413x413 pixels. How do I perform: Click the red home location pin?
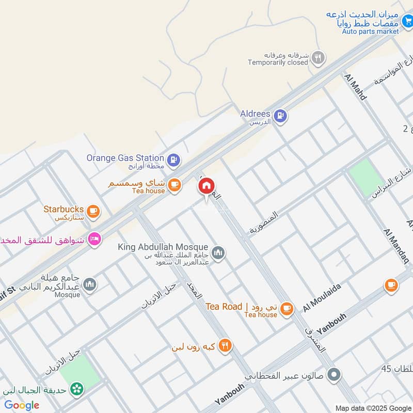pyautogui.click(x=206, y=186)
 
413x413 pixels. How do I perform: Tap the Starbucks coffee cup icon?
pyautogui.click(x=93, y=211)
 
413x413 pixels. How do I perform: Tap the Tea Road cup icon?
pyautogui.click(x=287, y=309)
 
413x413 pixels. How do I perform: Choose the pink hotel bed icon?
pyautogui.click(x=94, y=239)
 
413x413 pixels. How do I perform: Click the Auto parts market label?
pyautogui.click(x=370, y=31)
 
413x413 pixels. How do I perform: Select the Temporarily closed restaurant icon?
pyautogui.click(x=319, y=58)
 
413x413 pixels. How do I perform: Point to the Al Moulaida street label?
pyautogui.click(x=324, y=298)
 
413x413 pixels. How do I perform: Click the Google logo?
pyautogui.click(x=22, y=405)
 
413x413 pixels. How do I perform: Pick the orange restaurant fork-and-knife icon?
pyautogui.click(x=225, y=345)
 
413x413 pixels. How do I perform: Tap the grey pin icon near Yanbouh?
pyautogui.click(x=334, y=375)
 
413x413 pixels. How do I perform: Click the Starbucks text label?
pyautogui.click(x=63, y=209)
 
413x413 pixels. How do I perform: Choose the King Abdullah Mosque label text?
pyautogui.click(x=163, y=248)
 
